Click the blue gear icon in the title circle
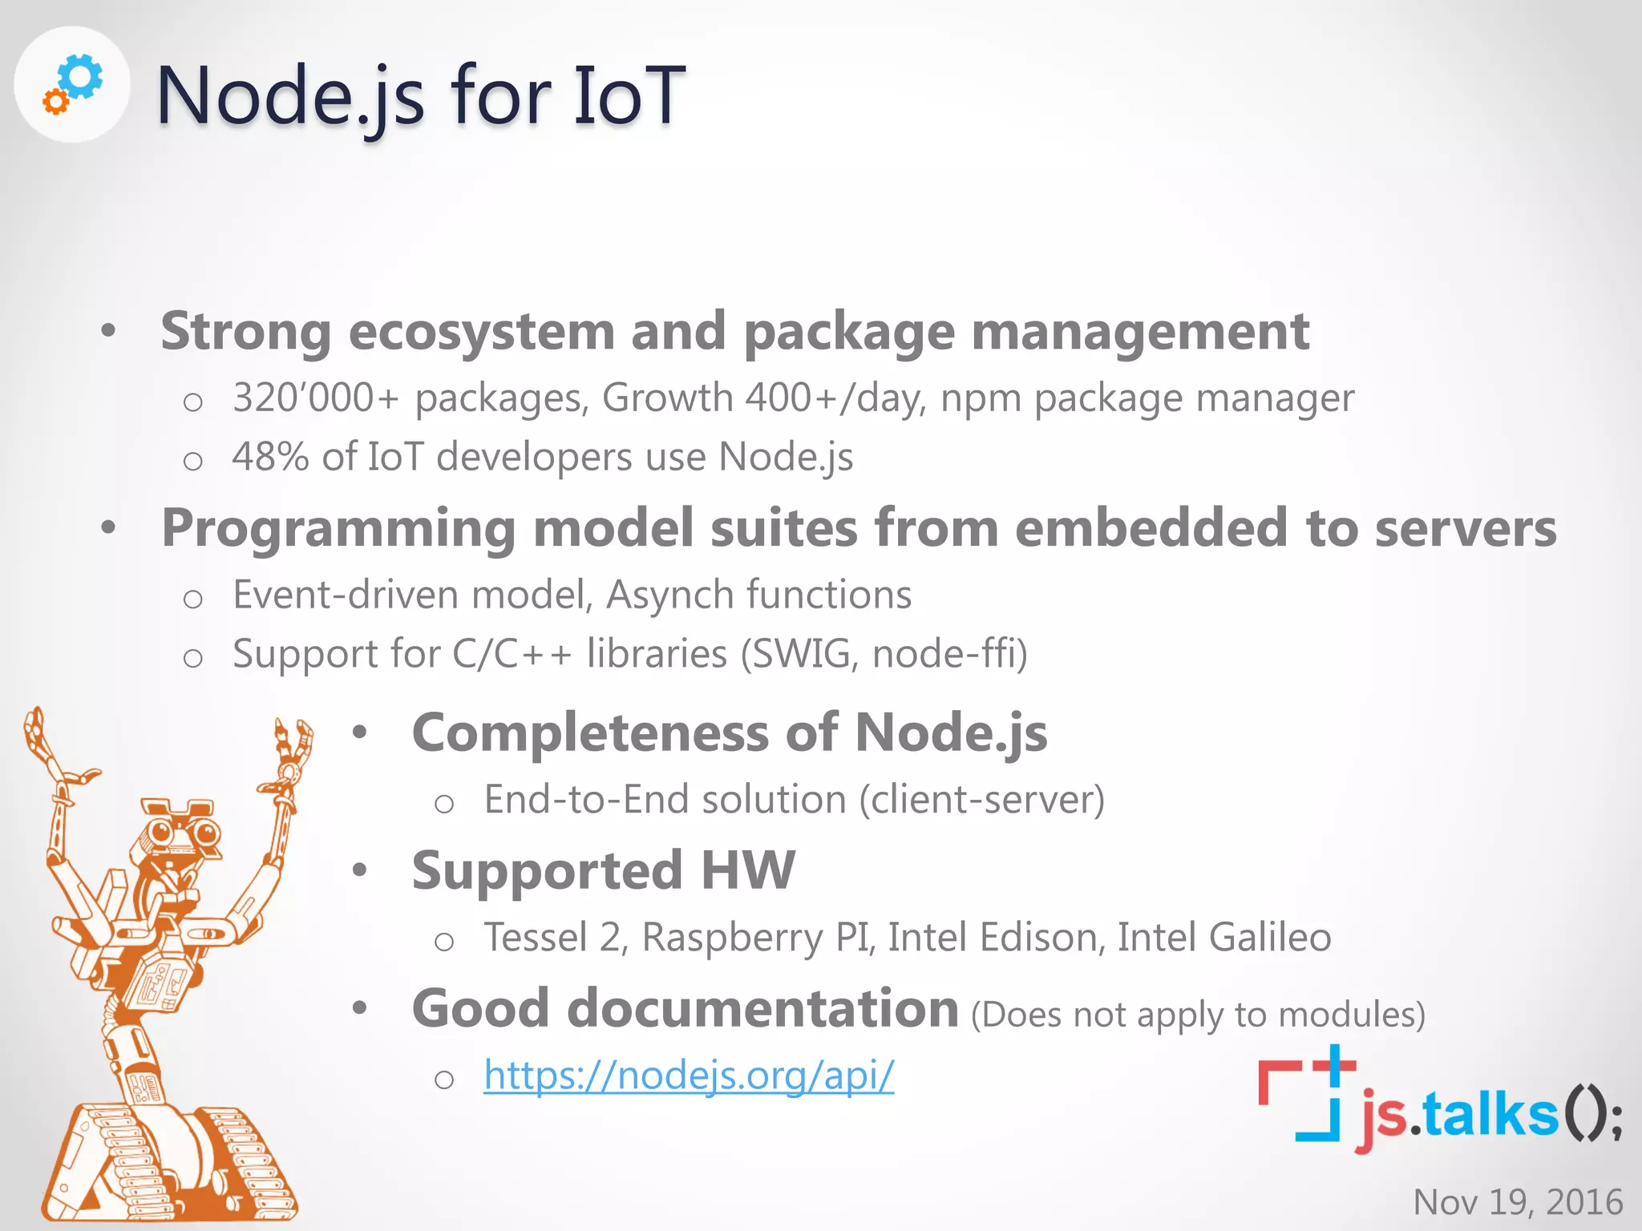tap(82, 76)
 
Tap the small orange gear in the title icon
tap(55, 103)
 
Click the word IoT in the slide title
tap(629, 96)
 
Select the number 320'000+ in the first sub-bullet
tap(315, 398)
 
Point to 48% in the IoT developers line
tap(270, 457)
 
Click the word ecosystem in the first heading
tap(482, 332)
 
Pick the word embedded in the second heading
tap(1151, 528)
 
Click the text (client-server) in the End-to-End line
tap(981, 800)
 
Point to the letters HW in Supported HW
tap(747, 870)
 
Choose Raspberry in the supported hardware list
tap(732, 938)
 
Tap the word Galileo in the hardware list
tap(1270, 937)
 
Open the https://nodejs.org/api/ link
tap(688, 1076)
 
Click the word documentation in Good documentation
tap(762, 1008)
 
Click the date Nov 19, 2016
tap(1518, 1202)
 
